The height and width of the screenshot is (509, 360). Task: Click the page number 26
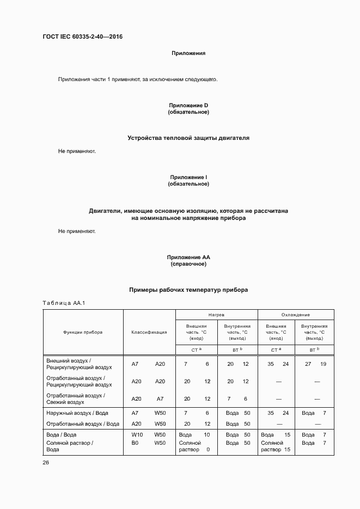click(x=46, y=462)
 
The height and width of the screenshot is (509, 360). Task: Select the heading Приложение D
click(x=188, y=105)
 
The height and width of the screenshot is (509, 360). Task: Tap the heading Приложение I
click(x=188, y=177)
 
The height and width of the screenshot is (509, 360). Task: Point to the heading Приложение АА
click(x=188, y=257)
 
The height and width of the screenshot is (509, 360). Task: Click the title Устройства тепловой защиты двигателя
click(x=188, y=138)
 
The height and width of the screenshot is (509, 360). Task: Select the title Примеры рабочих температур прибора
click(x=188, y=290)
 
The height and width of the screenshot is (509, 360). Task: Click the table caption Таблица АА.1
click(x=64, y=303)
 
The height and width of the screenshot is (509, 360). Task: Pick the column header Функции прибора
click(x=83, y=332)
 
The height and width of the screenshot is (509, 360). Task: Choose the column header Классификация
click(x=149, y=332)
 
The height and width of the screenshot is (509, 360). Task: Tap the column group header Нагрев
click(x=216, y=315)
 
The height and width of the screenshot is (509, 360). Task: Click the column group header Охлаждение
click(x=295, y=315)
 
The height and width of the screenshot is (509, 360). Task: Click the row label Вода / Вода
click(x=62, y=434)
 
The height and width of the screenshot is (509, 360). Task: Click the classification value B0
click(x=135, y=443)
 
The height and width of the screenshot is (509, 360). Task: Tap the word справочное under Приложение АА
click(x=188, y=264)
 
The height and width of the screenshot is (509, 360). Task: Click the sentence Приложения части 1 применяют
click(x=138, y=79)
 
